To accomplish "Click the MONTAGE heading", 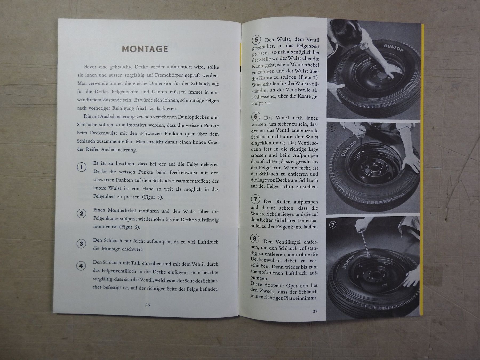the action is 145,49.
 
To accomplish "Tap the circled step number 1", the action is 81,167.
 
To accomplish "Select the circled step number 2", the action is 81,213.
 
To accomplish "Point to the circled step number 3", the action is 81,244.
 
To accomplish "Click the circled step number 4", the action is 81,266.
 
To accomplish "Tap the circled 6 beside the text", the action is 255,117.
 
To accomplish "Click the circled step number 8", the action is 255,238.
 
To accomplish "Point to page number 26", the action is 147,305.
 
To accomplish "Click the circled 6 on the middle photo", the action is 332,129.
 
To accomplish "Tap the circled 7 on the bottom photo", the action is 333,225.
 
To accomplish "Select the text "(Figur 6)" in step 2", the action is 130,227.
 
